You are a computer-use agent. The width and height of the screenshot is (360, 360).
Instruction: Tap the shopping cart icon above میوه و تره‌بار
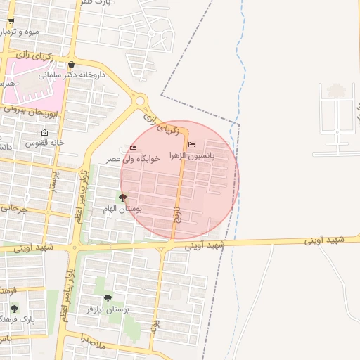point(11,21)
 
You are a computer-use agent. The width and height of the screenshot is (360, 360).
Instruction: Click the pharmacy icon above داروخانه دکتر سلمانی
point(71,65)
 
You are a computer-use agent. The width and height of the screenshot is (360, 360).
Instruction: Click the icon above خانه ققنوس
point(45,133)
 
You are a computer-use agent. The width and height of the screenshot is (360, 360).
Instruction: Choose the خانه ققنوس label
point(45,143)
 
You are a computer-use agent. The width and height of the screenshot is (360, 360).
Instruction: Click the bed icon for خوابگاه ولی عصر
point(134,148)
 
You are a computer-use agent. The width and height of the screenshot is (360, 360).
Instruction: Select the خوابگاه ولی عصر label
point(134,159)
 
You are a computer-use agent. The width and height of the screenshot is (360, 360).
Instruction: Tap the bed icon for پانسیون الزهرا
point(192,145)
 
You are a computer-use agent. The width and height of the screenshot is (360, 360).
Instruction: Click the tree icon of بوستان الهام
point(123,198)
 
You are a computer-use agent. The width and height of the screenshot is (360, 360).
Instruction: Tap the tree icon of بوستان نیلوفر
point(108,298)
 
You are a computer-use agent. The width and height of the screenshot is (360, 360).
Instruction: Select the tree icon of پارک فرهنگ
point(14,309)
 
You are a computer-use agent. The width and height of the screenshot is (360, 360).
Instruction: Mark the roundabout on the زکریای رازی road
point(139,101)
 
